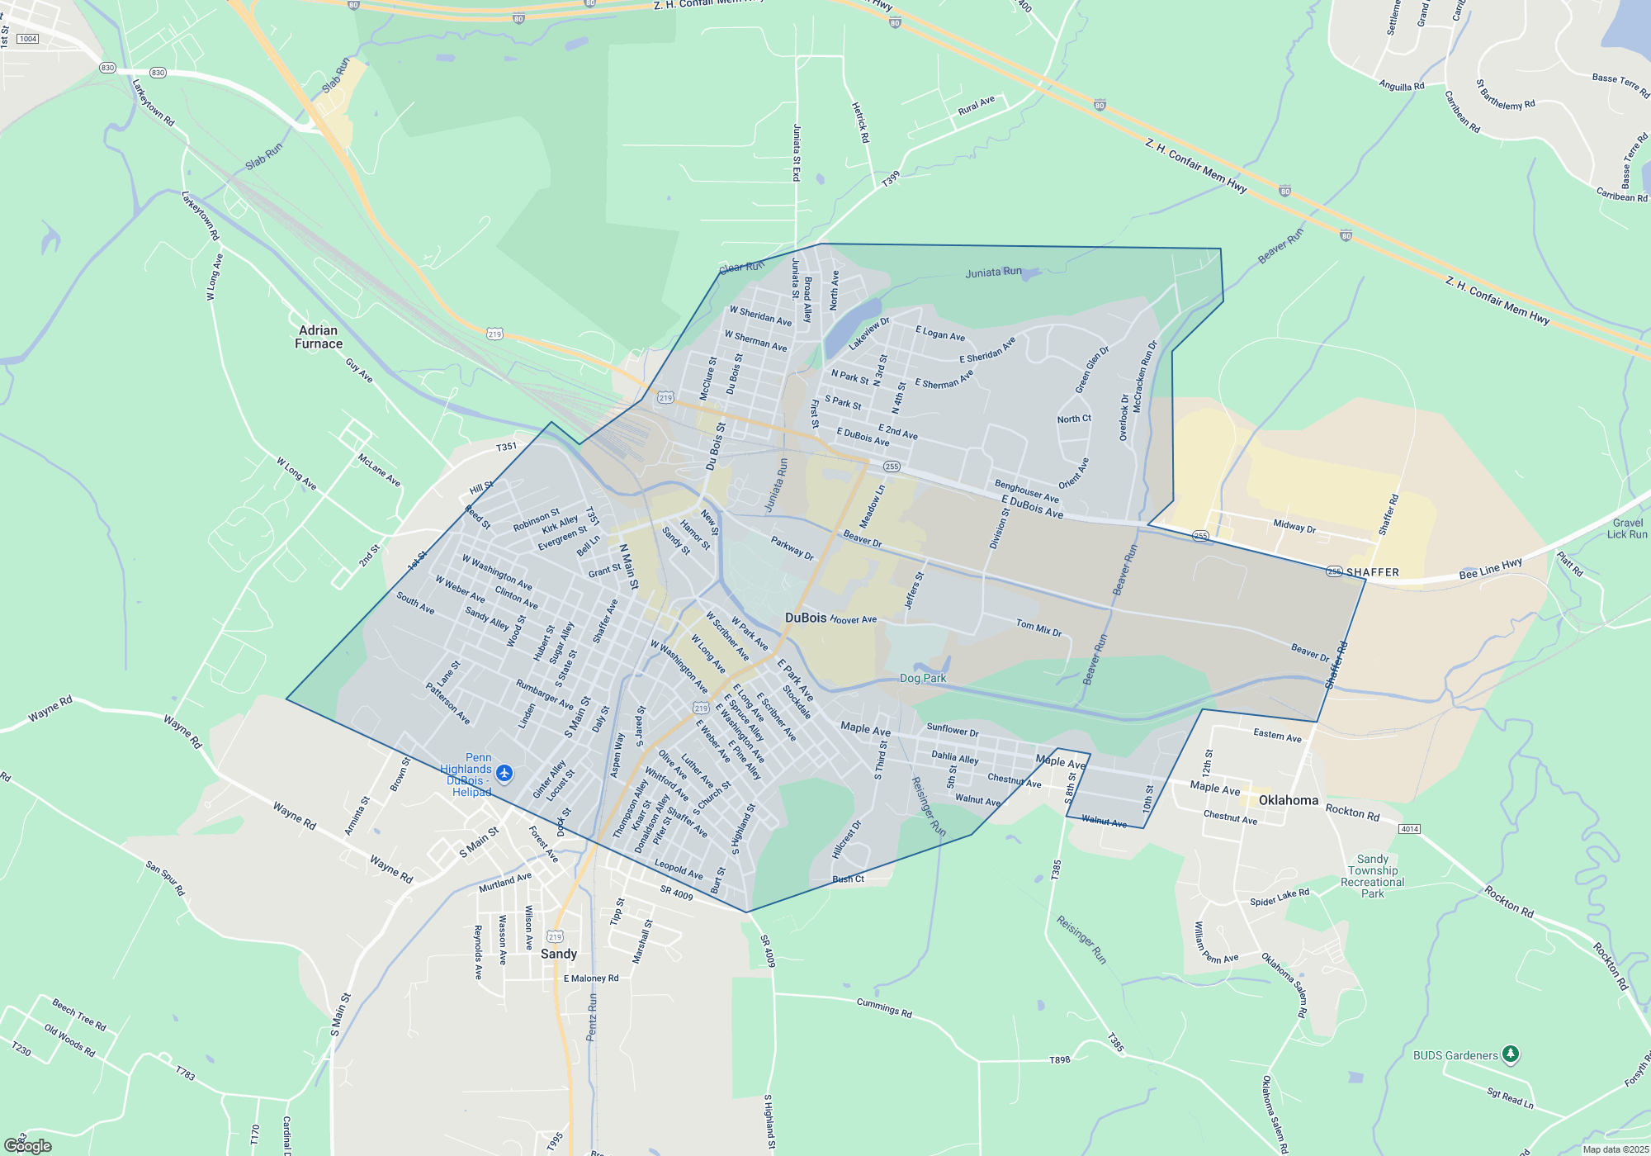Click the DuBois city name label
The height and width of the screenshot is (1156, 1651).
pyautogui.click(x=805, y=618)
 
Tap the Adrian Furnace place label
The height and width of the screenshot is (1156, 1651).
pyautogui.click(x=319, y=337)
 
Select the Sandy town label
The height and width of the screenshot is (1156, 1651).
pyautogui.click(x=559, y=954)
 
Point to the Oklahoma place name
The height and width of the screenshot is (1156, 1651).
pyautogui.click(x=1289, y=800)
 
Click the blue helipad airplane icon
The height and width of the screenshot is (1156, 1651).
pyautogui.click(x=504, y=774)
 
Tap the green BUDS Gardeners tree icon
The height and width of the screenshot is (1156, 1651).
pyautogui.click(x=1511, y=1054)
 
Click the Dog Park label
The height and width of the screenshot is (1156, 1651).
pyautogui.click(x=923, y=678)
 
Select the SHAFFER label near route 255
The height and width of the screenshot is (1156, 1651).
pyautogui.click(x=1373, y=572)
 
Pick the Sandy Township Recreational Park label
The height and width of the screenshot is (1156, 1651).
pyautogui.click(x=1373, y=876)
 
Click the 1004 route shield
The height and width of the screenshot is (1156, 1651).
pyautogui.click(x=28, y=39)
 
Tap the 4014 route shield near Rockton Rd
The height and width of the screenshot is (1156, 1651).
pyautogui.click(x=1409, y=829)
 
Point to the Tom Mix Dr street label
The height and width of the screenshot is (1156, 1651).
pyautogui.click(x=1038, y=628)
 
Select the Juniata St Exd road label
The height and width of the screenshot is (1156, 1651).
pyautogui.click(x=797, y=153)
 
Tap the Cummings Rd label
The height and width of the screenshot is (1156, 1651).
pyautogui.click(x=884, y=1007)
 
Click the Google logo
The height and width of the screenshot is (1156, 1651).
pyautogui.click(x=28, y=1146)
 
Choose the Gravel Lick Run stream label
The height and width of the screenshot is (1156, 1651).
pyautogui.click(x=1627, y=528)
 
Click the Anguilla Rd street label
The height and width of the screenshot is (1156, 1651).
pyautogui.click(x=1401, y=85)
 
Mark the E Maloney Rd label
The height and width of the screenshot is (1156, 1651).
pyautogui.click(x=591, y=978)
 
